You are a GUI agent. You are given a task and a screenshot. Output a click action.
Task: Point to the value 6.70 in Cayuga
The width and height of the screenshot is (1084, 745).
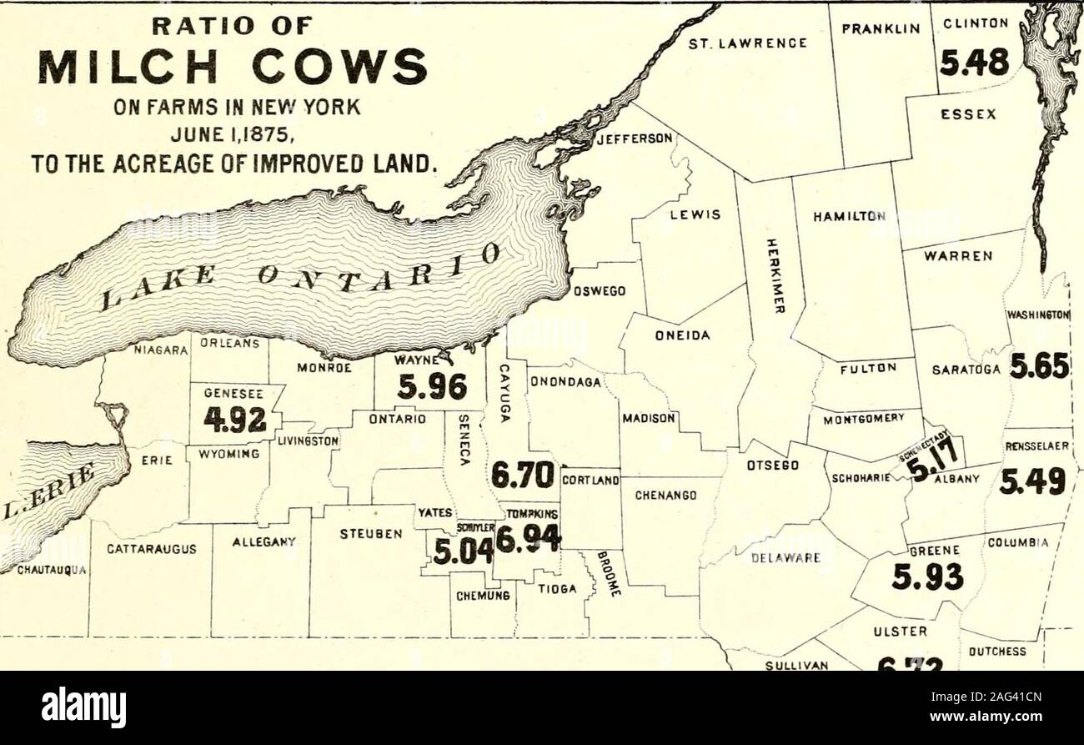[x=523, y=476]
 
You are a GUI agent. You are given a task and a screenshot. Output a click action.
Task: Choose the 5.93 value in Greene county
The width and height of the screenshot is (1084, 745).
[x=926, y=576]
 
